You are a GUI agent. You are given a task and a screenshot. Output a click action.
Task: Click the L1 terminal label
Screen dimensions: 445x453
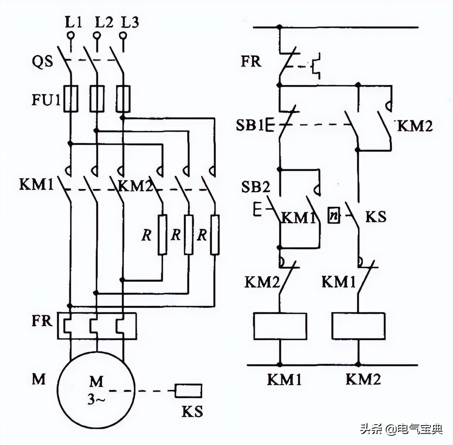[x=73, y=22]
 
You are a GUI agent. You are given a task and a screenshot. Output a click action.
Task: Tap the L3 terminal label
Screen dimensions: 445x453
[x=130, y=22]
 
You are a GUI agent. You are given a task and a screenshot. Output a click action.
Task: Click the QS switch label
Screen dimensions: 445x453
[x=42, y=62]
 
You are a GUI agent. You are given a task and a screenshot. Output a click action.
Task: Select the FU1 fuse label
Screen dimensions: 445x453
[x=46, y=100]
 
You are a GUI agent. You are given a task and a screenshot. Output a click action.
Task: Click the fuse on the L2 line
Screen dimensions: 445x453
[x=97, y=99]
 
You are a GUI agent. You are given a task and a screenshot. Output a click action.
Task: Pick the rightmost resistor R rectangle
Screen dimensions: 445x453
[x=214, y=235]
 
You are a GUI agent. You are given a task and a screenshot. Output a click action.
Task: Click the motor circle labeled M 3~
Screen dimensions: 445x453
[x=96, y=390]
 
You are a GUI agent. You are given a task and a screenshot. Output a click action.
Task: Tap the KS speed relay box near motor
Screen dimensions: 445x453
[x=189, y=391]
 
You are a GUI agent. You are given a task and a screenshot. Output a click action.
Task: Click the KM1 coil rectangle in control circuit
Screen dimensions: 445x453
[x=280, y=326]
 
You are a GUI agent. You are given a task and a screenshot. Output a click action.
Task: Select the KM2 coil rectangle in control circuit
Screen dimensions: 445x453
[x=358, y=326]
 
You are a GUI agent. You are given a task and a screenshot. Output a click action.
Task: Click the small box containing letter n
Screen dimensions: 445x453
[x=333, y=216]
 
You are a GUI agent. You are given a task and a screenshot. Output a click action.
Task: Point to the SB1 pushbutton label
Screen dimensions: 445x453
[x=250, y=125]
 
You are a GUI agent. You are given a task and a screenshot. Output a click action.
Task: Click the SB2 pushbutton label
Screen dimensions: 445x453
[x=256, y=187]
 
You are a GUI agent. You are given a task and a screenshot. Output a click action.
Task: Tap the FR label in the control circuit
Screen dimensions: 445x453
[x=251, y=61]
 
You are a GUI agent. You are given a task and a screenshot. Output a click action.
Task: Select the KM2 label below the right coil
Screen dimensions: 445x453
[x=363, y=380]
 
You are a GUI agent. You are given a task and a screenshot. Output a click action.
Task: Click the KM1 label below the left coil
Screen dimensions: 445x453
[x=284, y=380]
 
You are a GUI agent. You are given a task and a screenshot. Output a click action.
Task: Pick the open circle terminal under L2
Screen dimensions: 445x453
[x=97, y=35]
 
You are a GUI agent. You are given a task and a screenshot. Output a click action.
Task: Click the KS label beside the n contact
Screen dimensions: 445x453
[x=375, y=216]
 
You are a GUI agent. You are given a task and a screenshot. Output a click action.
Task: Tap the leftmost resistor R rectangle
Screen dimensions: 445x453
[x=162, y=235]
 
